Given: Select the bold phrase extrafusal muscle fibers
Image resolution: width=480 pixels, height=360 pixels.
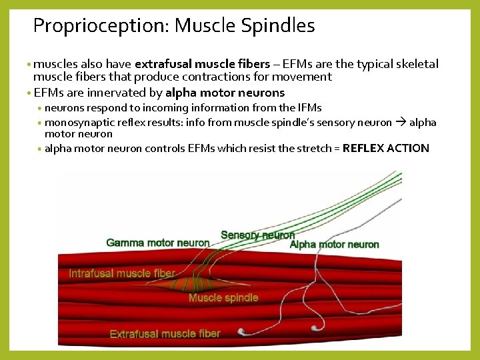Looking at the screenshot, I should click(202, 64).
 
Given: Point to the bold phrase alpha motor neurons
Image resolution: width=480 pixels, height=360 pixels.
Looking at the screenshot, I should click(225, 93).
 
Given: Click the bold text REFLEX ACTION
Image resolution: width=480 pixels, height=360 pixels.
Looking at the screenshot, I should click(385, 148).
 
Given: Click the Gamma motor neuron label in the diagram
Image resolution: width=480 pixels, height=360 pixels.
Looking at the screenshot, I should click(158, 243).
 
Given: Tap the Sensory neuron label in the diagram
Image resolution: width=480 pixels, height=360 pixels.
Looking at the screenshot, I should click(257, 235).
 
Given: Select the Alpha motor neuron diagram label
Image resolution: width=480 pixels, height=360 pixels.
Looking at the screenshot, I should click(334, 245).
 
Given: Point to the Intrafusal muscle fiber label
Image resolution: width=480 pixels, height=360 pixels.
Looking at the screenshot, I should click(122, 273).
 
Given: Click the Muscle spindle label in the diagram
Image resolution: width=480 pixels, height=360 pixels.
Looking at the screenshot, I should click(223, 298).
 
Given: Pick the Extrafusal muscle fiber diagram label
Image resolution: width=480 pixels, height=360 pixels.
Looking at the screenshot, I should click(165, 333).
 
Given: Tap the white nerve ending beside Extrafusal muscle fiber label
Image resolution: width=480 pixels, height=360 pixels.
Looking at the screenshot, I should click(241, 331).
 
